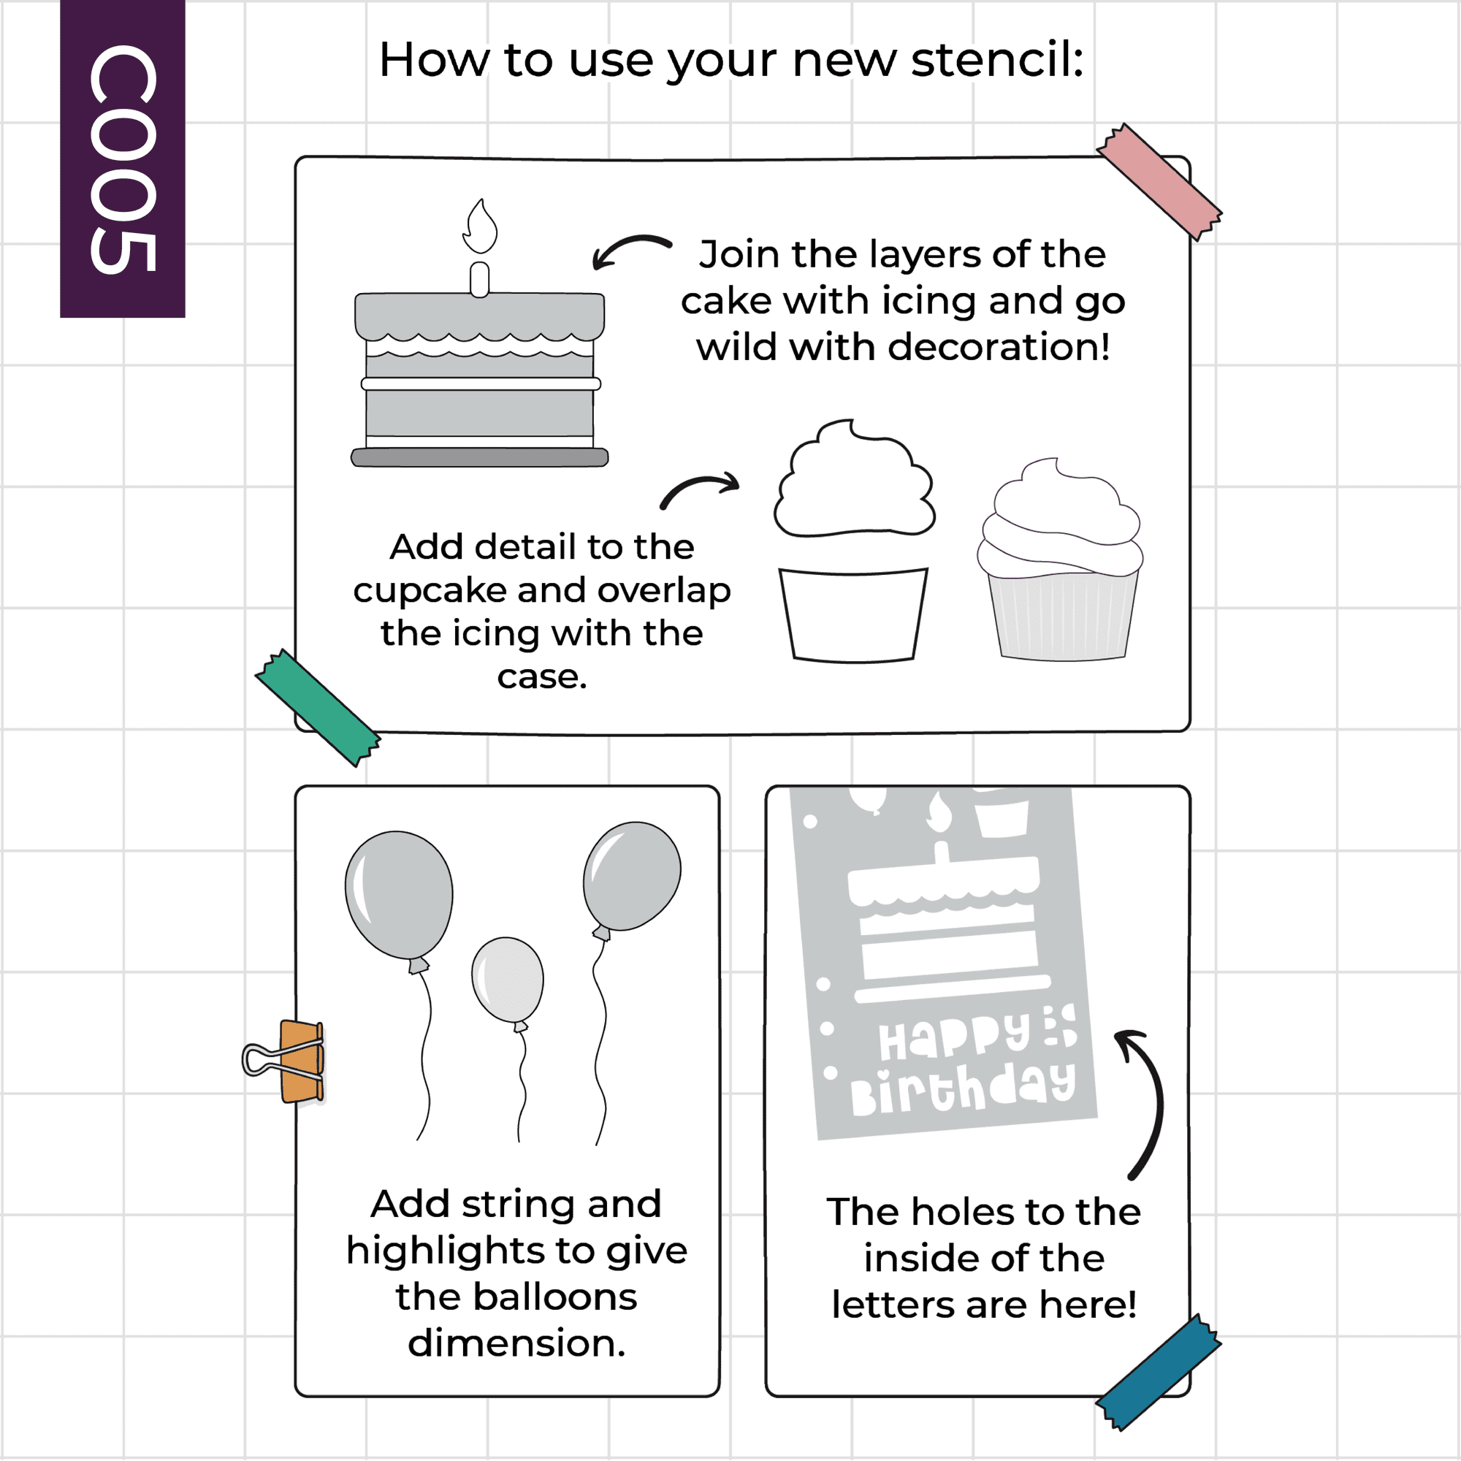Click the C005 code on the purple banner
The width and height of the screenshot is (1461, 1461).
(x=123, y=159)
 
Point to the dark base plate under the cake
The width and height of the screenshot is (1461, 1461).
(x=479, y=457)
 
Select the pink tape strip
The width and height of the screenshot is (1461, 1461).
(x=1159, y=181)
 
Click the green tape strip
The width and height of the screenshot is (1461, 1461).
(x=318, y=708)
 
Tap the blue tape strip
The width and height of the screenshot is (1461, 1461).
(x=1159, y=1372)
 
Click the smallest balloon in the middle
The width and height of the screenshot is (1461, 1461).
(x=508, y=981)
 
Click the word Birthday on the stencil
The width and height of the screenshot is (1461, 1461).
(x=963, y=1088)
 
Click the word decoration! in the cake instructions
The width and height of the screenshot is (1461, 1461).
(x=999, y=347)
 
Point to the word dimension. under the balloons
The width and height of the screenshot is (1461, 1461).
(x=517, y=1344)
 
